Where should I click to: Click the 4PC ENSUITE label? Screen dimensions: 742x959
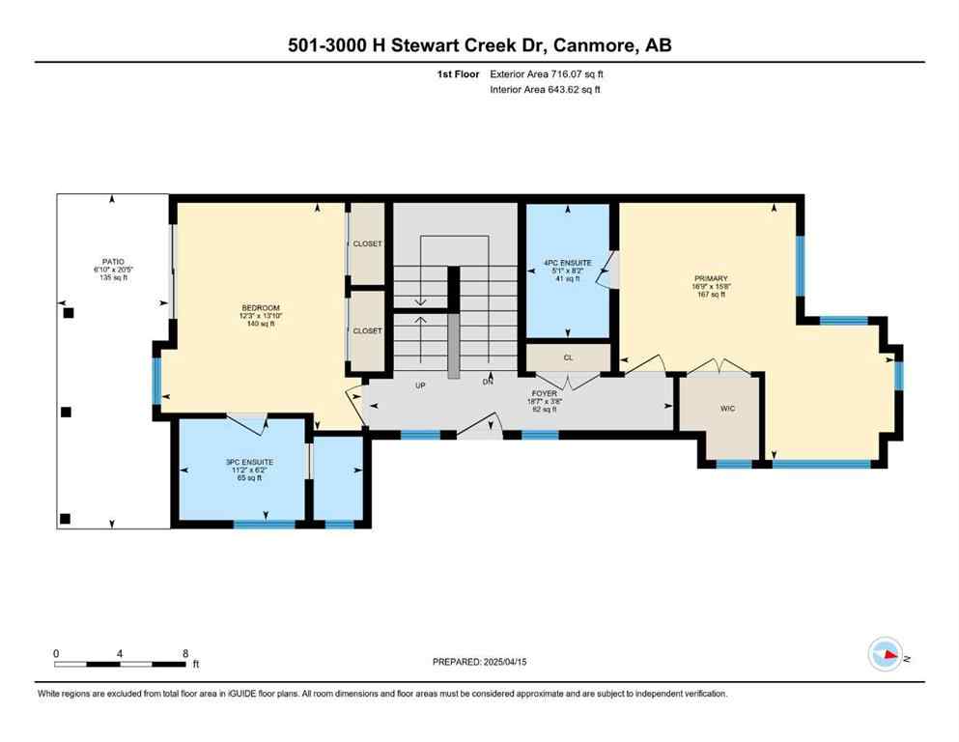(568, 262)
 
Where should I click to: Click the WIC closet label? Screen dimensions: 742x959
(727, 409)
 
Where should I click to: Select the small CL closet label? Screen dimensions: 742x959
(569, 357)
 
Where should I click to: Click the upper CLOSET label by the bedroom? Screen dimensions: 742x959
(367, 243)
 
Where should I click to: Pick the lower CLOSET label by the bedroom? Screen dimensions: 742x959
(367, 330)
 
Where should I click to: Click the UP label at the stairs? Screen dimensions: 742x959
(420, 385)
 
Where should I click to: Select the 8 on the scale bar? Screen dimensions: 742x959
(184, 653)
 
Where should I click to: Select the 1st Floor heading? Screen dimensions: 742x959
(458, 74)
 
